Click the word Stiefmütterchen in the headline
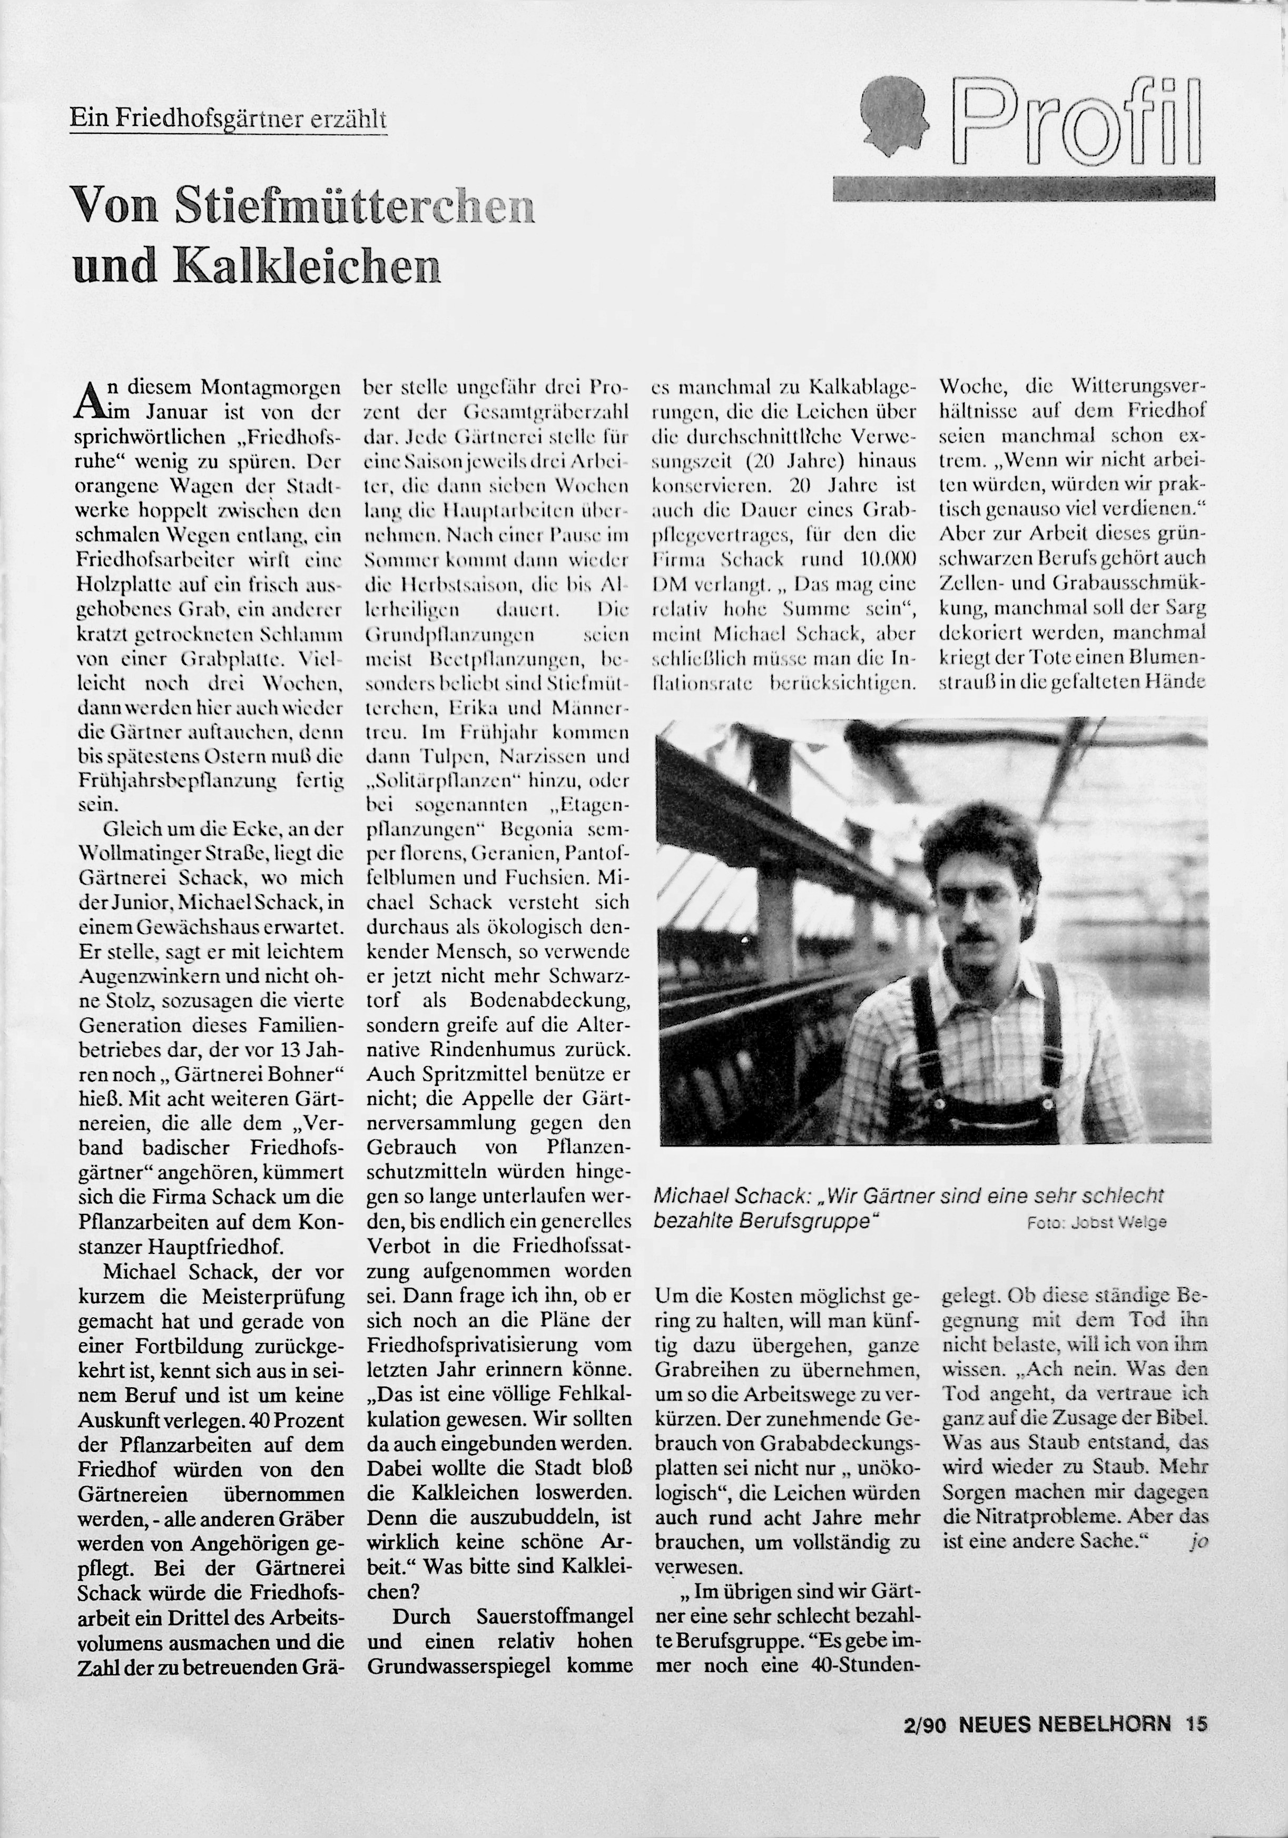[x=354, y=206]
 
